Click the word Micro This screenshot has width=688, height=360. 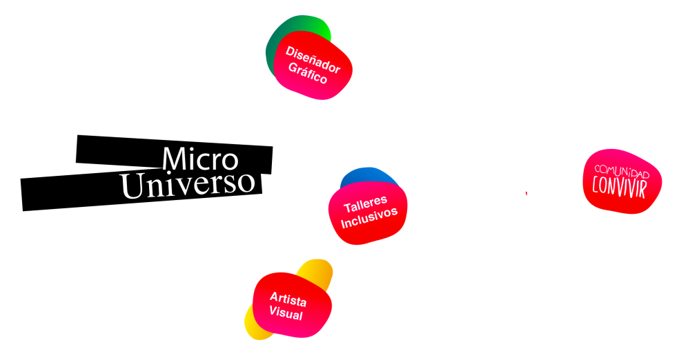point(200,159)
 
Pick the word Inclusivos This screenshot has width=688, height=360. point(369,218)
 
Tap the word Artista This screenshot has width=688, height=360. point(288,299)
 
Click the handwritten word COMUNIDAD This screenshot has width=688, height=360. point(622,170)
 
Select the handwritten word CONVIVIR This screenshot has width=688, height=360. point(619,187)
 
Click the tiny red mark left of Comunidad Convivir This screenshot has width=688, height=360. point(527,193)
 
